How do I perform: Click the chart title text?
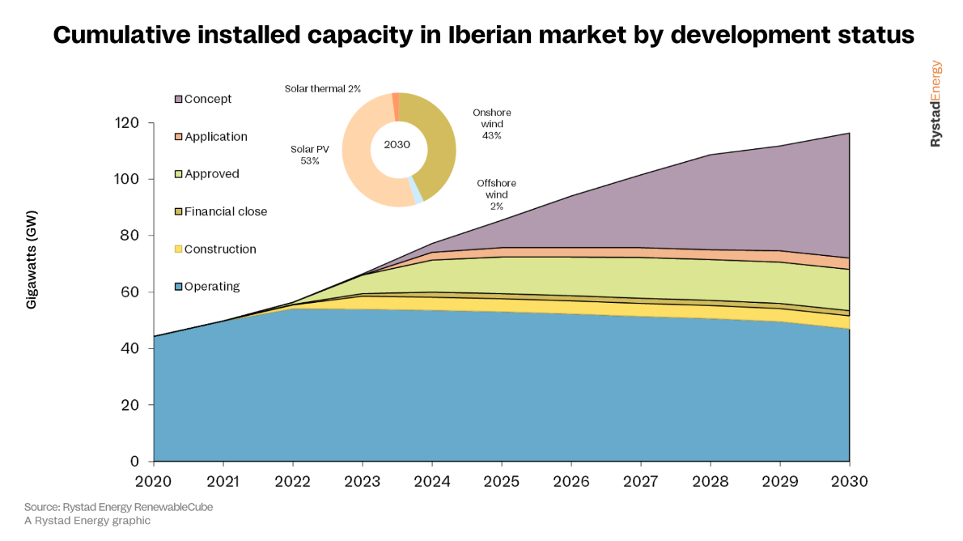[x=483, y=36]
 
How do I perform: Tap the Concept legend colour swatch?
[x=178, y=100]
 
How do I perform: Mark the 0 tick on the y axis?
[x=135, y=462]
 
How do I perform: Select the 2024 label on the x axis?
[x=432, y=482]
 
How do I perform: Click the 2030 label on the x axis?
[x=849, y=482]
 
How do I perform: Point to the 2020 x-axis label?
[x=154, y=482]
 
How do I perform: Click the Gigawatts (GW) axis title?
[x=33, y=260]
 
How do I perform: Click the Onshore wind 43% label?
[x=492, y=124]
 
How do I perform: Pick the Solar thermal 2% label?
[x=322, y=88]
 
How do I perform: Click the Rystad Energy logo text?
[x=935, y=104]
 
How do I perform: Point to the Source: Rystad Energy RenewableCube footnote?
[x=118, y=507]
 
